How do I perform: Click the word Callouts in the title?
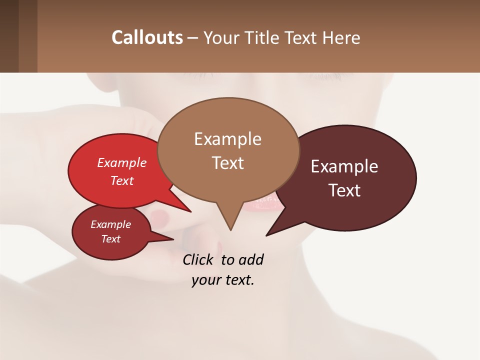147,37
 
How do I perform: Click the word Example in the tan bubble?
227,139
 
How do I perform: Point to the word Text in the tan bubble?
227,162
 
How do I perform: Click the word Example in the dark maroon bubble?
344,166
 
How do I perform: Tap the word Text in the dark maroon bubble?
344,190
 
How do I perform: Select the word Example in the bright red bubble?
122,162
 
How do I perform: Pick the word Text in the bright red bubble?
122,180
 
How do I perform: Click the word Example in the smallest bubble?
110,224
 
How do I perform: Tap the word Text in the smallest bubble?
110,239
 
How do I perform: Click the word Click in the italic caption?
199,259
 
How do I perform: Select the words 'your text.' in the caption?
223,280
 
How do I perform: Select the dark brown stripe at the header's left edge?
9,36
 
